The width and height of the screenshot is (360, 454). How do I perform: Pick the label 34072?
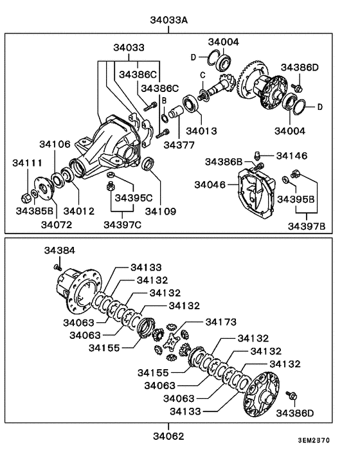tap(57, 224)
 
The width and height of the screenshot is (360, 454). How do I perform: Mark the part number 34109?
tap(161, 210)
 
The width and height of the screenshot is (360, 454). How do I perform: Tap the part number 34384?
tap(60, 250)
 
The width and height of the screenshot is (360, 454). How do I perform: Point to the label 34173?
tap(222, 321)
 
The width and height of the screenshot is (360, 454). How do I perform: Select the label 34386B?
tap(224, 160)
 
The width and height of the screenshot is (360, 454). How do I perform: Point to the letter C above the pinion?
tap(202, 75)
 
